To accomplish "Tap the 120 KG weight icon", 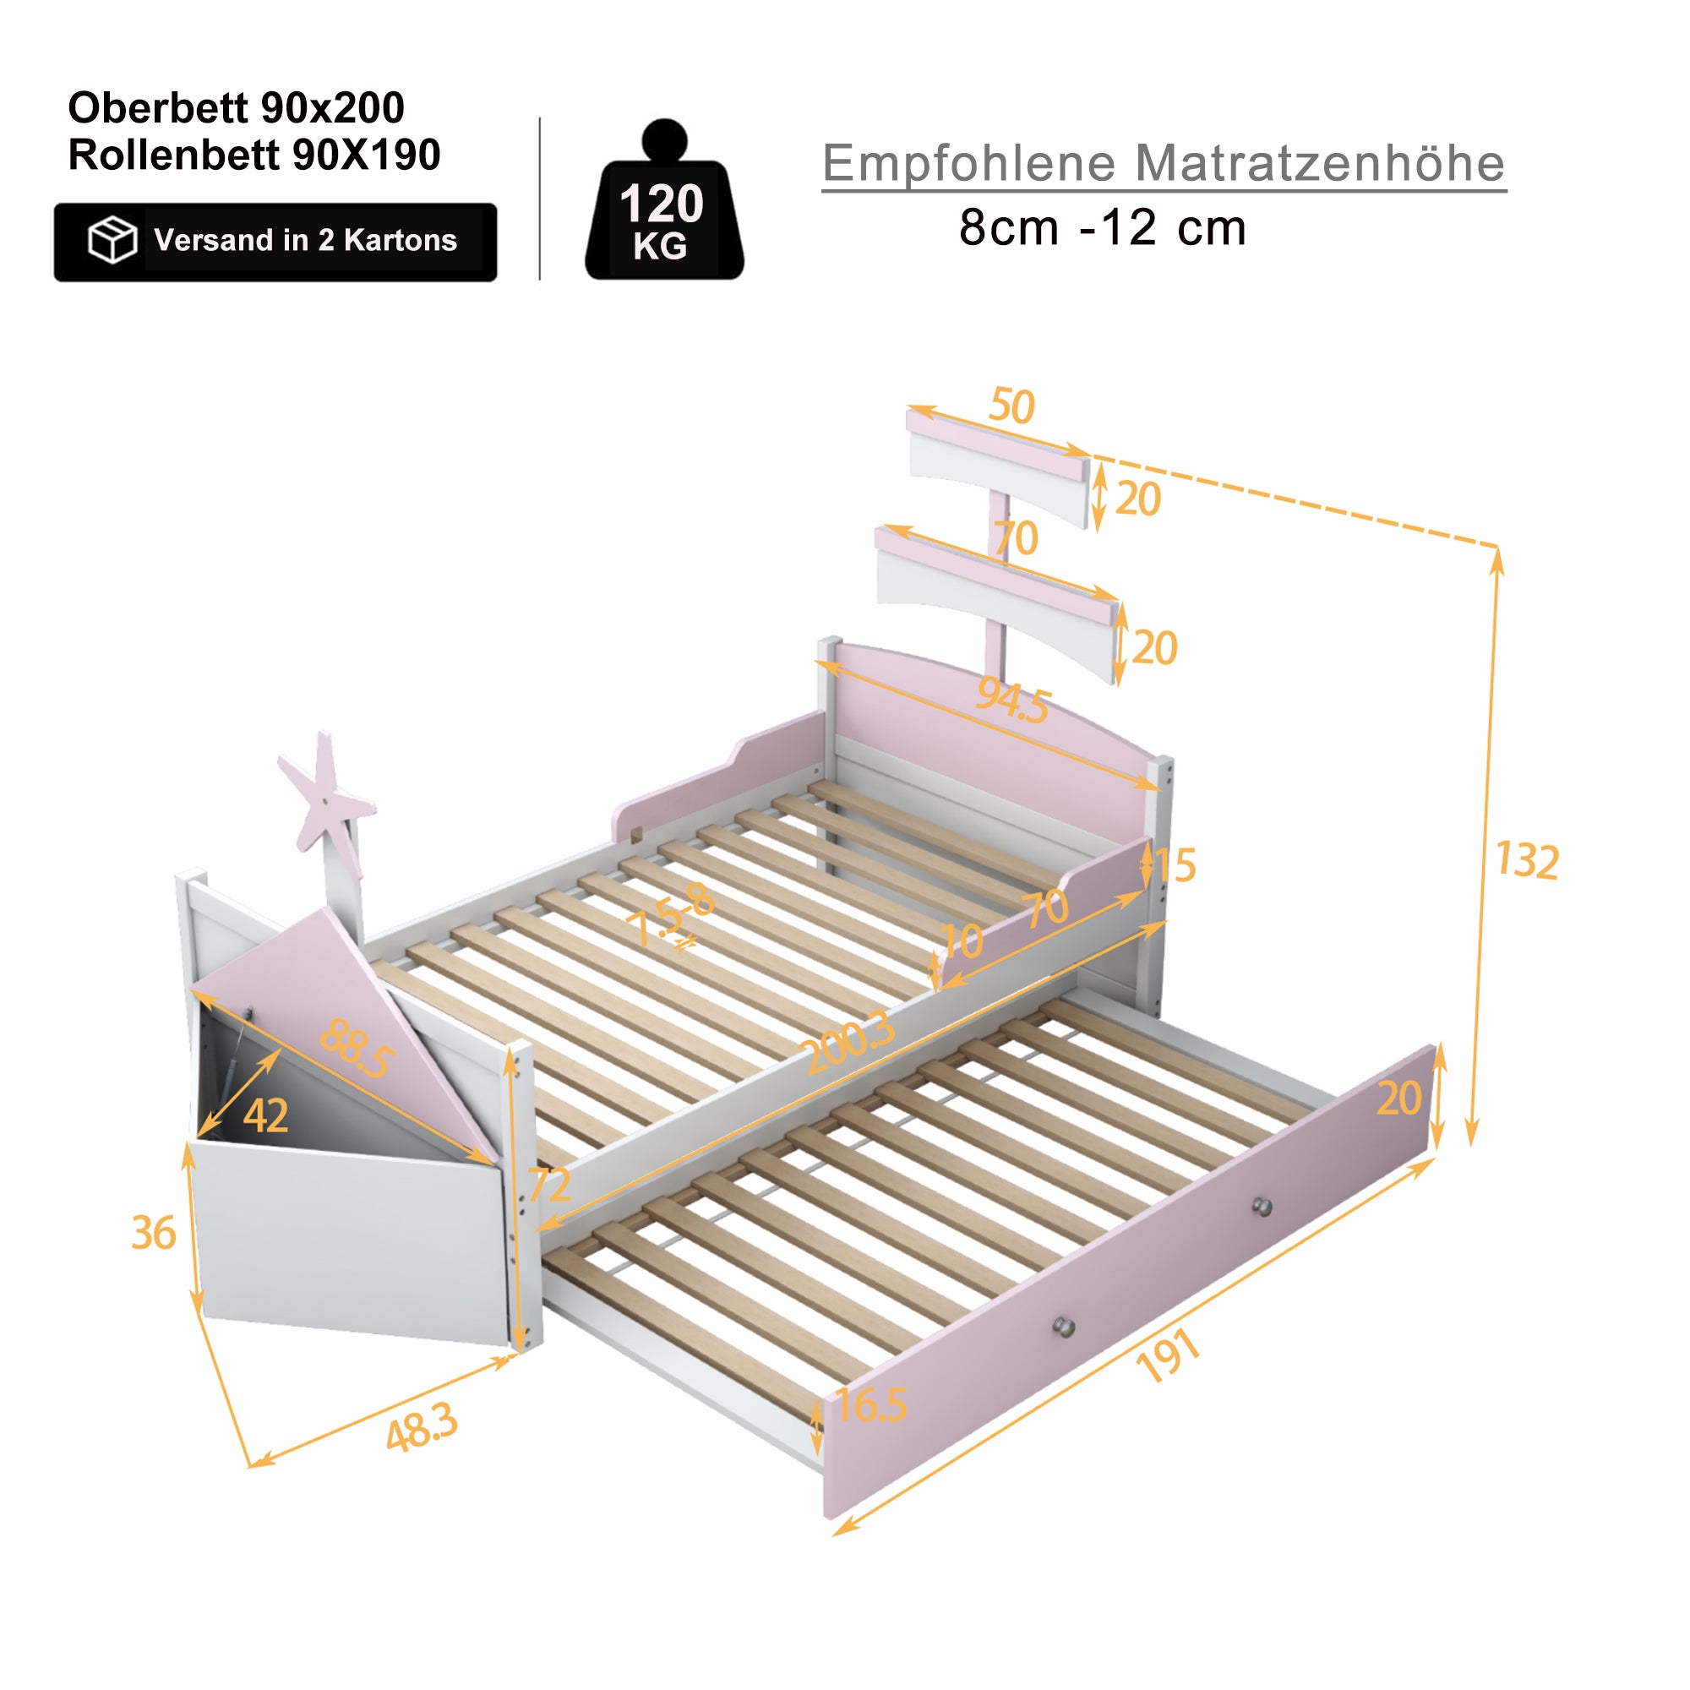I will point(663,210).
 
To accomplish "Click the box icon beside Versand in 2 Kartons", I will point(112,240).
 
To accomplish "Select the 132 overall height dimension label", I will point(1526,861).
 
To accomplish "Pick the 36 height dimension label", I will point(154,1234).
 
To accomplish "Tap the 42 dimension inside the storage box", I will point(266,1115).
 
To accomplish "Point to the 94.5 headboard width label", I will point(1013,700).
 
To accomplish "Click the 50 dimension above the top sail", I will point(1012,406).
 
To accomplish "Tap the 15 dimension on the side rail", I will point(1175,865).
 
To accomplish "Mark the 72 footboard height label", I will point(549,1186).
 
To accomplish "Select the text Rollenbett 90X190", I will point(253,155).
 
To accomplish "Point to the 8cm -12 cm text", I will point(1102,228).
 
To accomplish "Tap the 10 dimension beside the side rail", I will point(962,940).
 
